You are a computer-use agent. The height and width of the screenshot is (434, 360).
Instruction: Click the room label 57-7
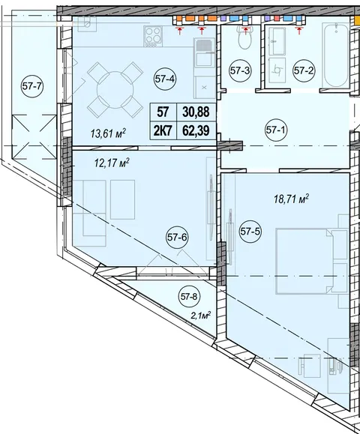click(x=31, y=86)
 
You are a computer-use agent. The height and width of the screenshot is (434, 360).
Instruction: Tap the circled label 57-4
click(x=165, y=79)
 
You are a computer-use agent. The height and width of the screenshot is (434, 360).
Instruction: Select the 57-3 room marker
click(x=240, y=71)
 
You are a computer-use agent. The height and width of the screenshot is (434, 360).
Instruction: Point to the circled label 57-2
click(x=304, y=71)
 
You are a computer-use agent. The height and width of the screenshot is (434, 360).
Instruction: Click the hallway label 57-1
click(x=276, y=130)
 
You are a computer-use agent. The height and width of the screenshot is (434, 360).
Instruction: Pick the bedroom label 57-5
click(x=250, y=231)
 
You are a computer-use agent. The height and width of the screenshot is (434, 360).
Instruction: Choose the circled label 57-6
click(x=177, y=237)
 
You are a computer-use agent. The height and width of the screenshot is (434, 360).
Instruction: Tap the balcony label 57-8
click(x=189, y=297)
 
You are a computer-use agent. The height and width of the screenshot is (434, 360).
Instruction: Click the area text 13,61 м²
click(x=108, y=133)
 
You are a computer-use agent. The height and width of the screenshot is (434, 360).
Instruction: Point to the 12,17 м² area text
click(x=112, y=162)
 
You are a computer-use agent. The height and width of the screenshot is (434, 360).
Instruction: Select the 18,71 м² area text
click(x=291, y=199)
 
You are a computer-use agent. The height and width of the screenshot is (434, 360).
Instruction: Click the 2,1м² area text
click(x=201, y=315)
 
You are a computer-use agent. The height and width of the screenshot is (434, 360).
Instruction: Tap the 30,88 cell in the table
click(x=196, y=112)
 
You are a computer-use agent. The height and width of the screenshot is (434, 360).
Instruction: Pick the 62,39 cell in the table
click(x=196, y=130)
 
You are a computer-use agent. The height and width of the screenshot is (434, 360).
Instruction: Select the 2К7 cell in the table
click(x=163, y=130)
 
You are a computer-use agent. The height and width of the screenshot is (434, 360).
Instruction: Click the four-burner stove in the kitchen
click(x=152, y=36)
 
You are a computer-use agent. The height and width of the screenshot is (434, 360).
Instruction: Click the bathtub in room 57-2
click(x=336, y=55)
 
